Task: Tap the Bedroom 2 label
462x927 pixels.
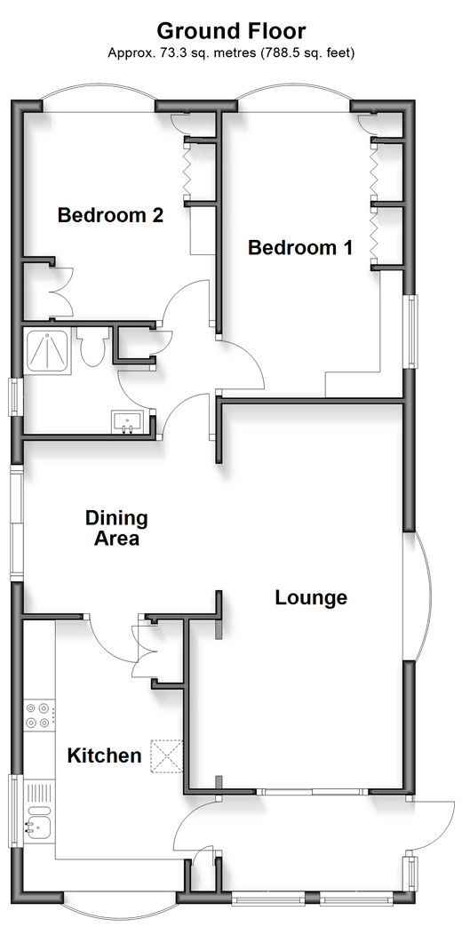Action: coord(110,215)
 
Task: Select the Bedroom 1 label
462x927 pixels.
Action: coord(300,247)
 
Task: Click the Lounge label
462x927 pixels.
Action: coord(311,597)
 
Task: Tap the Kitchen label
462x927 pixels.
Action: coord(104,755)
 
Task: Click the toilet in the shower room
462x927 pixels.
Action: coord(92,347)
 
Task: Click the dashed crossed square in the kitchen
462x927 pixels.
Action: coord(166,756)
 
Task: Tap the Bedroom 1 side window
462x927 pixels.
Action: coord(410,331)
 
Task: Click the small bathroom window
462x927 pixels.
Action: coord(16,396)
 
